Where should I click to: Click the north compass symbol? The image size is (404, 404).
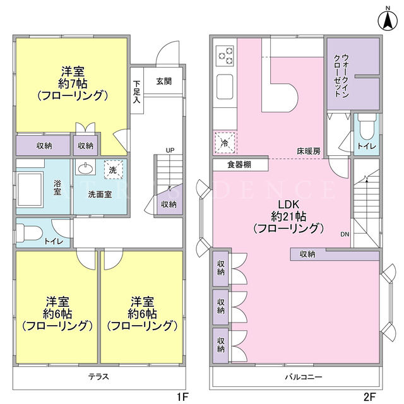(x=388, y=20)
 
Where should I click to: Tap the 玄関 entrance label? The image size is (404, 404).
(x=164, y=81)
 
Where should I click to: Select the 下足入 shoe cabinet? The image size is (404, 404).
(x=137, y=90)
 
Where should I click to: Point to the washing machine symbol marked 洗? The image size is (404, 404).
(x=114, y=170)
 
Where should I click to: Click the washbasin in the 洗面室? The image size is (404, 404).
(x=86, y=169)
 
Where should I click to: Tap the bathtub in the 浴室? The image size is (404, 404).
(x=30, y=189)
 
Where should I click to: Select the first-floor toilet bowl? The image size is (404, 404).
(x=30, y=234)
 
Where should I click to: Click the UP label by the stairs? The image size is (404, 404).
(x=170, y=150)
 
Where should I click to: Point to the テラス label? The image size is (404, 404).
(x=99, y=377)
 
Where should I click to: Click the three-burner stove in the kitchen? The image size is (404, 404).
(x=225, y=56)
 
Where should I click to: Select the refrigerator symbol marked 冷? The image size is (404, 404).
(x=225, y=143)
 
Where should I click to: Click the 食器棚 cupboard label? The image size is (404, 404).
(x=239, y=165)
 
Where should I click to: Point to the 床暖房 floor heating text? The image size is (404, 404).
(x=309, y=151)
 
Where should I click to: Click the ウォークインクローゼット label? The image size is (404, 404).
(x=342, y=76)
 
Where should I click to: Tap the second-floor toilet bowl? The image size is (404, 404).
(x=367, y=128)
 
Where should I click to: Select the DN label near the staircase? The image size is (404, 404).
(x=345, y=234)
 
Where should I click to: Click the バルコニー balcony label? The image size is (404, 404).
(x=304, y=377)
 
